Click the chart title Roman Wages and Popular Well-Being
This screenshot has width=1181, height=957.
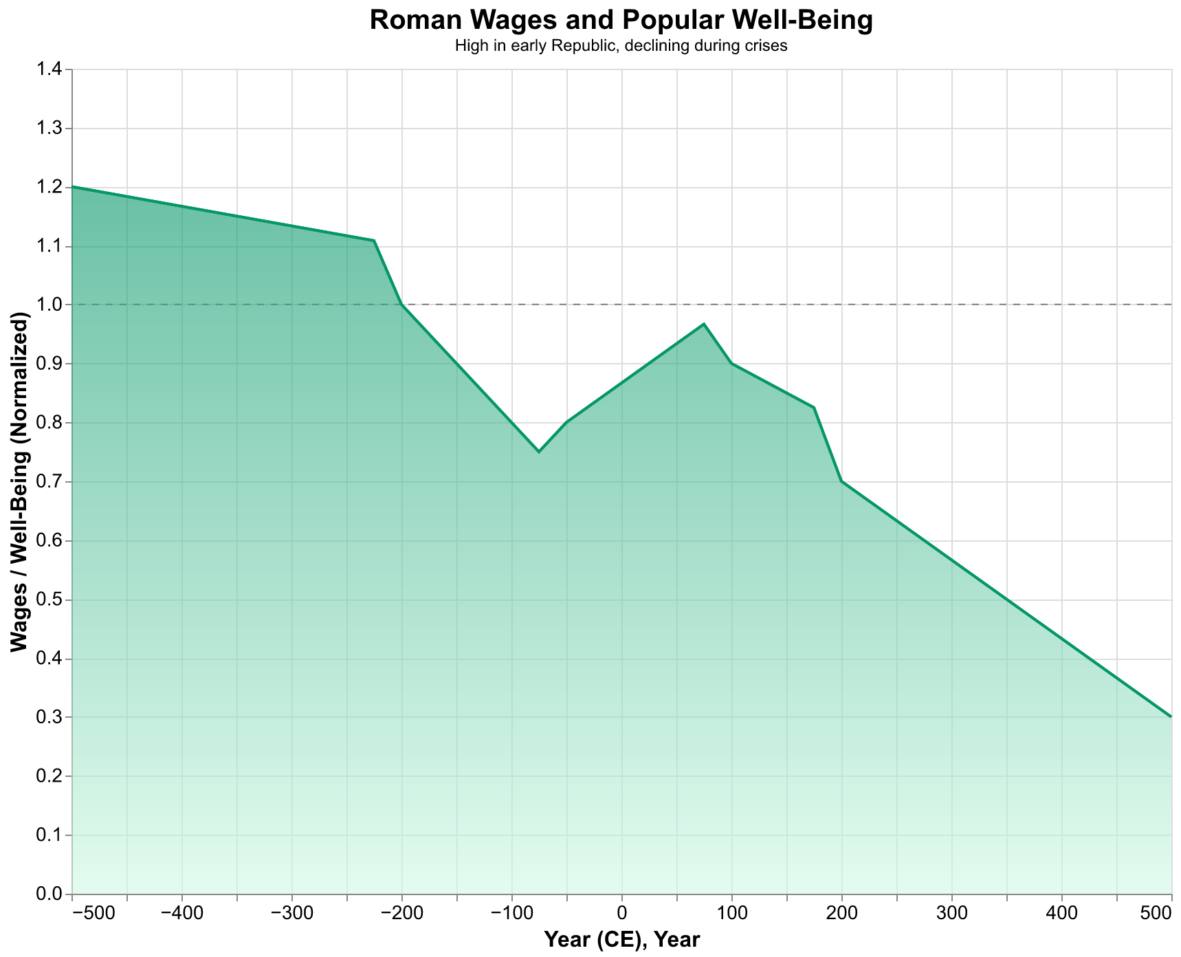(621, 21)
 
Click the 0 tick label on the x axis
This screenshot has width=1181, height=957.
(621, 916)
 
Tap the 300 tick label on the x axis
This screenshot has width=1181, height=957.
(951, 916)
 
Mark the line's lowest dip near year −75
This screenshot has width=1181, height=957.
(539, 452)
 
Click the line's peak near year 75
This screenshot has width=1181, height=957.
(704, 324)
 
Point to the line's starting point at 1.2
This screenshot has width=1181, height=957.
(73, 186)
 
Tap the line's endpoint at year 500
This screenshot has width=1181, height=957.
(1171, 716)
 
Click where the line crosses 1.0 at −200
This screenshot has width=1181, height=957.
(401, 305)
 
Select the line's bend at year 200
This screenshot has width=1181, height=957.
(841, 481)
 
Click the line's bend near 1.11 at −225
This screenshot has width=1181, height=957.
(374, 241)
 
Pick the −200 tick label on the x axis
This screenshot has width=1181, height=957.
(401, 916)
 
